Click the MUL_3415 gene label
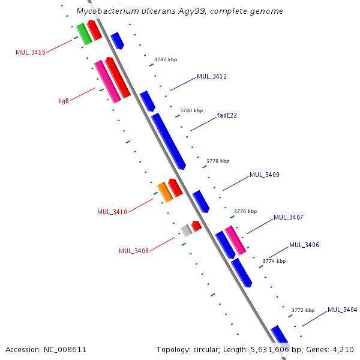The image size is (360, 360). pyautogui.click(x=31, y=52)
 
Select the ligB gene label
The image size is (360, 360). pyautogui.click(x=64, y=101)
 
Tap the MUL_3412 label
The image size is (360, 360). pyautogui.click(x=212, y=76)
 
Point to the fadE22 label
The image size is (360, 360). pyautogui.click(x=227, y=115)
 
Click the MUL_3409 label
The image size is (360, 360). pyautogui.click(x=265, y=175)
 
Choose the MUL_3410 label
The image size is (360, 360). pyautogui.click(x=112, y=212)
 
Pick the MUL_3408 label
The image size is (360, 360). pyautogui.click(x=134, y=251)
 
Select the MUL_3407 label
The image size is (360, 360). pyautogui.click(x=289, y=217)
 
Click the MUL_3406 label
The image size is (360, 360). pyautogui.click(x=304, y=245)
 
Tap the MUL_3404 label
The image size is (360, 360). pyautogui.click(x=343, y=310)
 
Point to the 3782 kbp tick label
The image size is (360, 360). pyautogui.click(x=166, y=59)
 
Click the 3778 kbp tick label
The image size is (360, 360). pyautogui.click(x=218, y=161)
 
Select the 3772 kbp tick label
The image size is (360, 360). pyautogui.click(x=303, y=310)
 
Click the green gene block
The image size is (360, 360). pyautogui.click(x=84, y=34)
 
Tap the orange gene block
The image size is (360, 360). pyautogui.click(x=165, y=192)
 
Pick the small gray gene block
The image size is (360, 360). pyautogui.click(x=186, y=230)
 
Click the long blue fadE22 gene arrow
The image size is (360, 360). pyautogui.click(x=168, y=141)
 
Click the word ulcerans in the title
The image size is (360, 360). pyautogui.click(x=158, y=11)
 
